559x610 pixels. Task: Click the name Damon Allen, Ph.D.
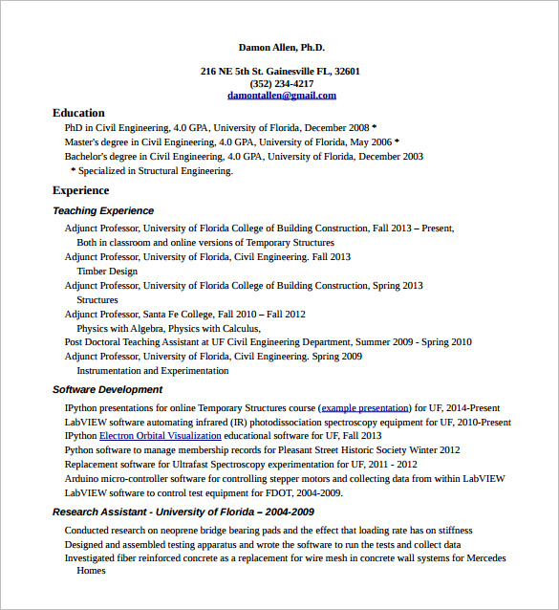tap(281, 47)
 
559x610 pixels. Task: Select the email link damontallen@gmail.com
tap(281, 96)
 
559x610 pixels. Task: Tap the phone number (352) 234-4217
tap(281, 83)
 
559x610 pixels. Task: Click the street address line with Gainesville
tap(280, 71)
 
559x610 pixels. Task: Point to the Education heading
tap(78, 113)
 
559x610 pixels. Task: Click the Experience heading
tap(81, 190)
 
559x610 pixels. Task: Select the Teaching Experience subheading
tap(103, 210)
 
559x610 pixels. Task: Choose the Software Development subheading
tap(107, 389)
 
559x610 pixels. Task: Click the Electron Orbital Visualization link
tap(160, 435)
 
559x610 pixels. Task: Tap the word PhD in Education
tap(74, 127)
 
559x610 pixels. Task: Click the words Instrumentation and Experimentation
tap(153, 370)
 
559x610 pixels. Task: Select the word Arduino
tap(81, 478)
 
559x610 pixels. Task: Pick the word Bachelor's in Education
tap(86, 156)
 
